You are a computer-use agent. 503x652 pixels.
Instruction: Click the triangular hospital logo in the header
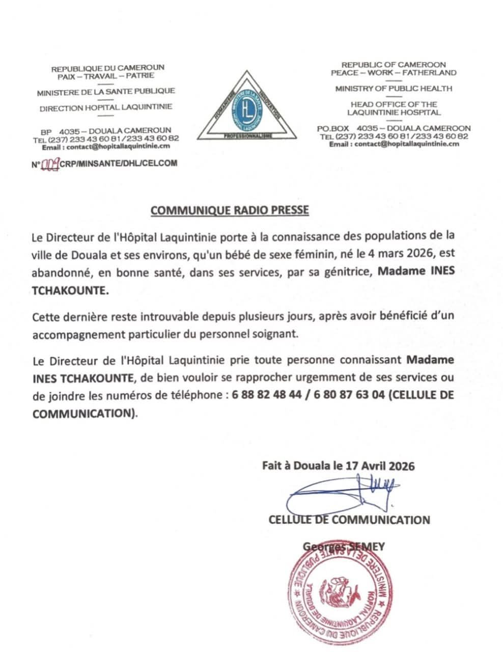pos(248,106)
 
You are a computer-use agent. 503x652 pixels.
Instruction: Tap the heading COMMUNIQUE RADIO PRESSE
pos(230,210)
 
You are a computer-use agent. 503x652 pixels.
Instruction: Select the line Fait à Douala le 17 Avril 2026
pos(338,466)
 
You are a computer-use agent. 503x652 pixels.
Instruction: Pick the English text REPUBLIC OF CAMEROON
pos(393,65)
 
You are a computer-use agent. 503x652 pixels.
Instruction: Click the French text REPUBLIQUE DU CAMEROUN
pos(108,67)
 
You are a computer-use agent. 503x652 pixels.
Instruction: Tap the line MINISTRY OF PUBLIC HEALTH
pos(393,89)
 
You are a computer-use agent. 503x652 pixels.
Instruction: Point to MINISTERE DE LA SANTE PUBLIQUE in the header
pos(106,91)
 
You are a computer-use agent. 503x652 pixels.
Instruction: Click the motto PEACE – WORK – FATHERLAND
pos(393,72)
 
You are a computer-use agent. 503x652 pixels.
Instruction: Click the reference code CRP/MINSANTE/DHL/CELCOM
pos(118,164)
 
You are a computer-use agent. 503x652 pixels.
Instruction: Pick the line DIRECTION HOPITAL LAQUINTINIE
pos(106,107)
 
